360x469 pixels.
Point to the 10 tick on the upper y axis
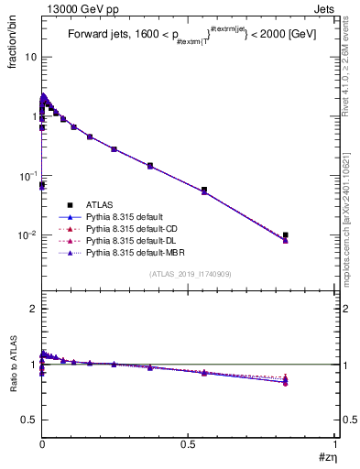30,57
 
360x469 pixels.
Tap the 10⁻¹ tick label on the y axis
27,176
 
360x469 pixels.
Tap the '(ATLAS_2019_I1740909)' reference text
188,274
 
